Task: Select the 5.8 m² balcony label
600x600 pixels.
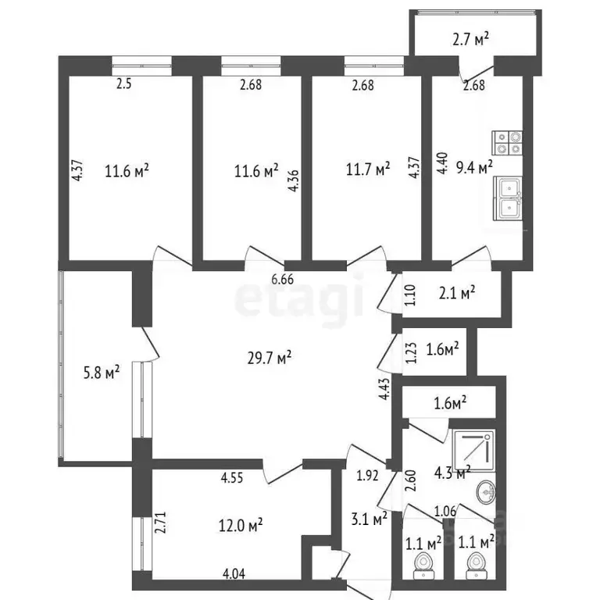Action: [101, 373]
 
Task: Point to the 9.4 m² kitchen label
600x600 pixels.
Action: [474, 167]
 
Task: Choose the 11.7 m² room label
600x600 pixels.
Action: [367, 170]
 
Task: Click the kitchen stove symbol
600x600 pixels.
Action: [502, 142]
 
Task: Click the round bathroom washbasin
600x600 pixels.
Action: [486, 491]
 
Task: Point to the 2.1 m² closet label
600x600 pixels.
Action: [457, 294]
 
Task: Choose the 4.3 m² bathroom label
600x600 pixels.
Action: [452, 472]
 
